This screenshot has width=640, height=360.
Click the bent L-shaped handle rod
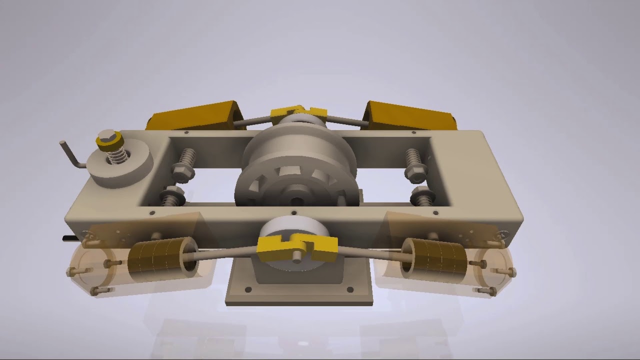[x=71, y=155]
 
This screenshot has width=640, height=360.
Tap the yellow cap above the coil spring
[x=108, y=142]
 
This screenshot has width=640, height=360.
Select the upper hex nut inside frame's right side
[x=415, y=173]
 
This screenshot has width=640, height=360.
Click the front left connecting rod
[x=225, y=253]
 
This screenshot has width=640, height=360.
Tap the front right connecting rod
[x=370, y=253]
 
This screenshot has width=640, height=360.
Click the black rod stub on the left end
[x=69, y=239]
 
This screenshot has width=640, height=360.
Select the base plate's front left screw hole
[x=248, y=289]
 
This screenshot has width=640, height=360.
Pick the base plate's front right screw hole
[x=350, y=289]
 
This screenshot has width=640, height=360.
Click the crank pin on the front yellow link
[x=297, y=255]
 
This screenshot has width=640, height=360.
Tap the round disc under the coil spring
[x=125, y=167]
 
